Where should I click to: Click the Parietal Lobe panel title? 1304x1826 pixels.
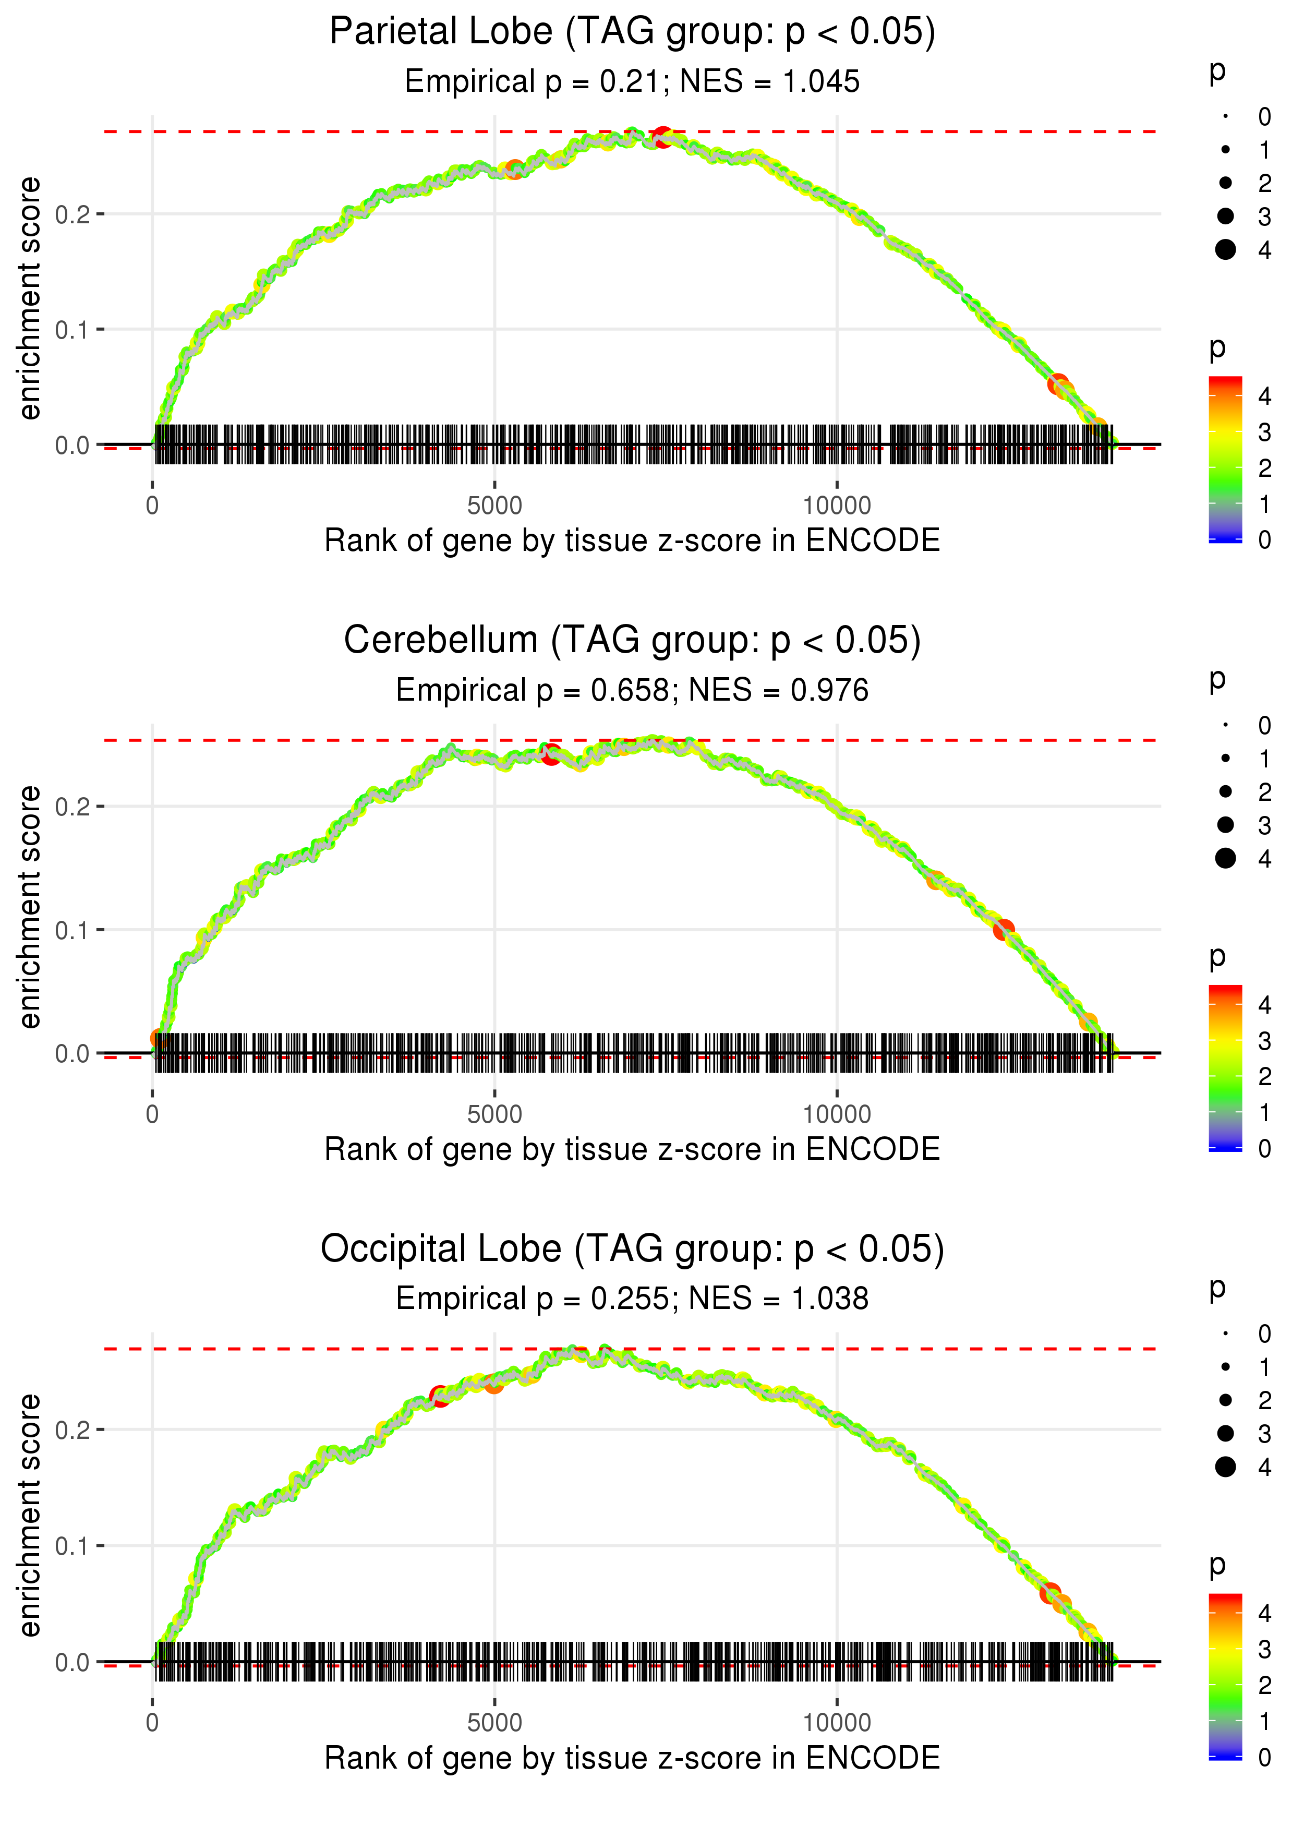632,32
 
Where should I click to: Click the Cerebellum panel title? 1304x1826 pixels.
632,641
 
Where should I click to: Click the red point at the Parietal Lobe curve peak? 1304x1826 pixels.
661,137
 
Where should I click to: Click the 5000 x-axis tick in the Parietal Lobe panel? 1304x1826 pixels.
494,506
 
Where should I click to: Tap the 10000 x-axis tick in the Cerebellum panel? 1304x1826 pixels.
837,1114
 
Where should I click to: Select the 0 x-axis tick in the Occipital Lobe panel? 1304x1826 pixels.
152,1723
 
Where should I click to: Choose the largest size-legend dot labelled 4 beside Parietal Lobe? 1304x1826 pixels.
1225,250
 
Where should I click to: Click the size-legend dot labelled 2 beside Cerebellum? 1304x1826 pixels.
1225,792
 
